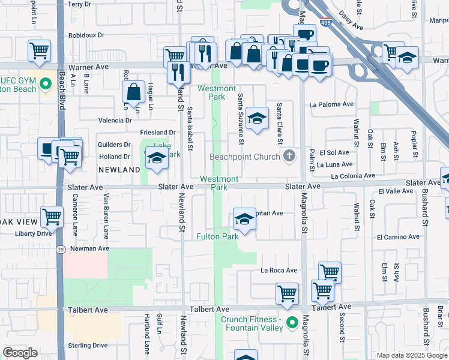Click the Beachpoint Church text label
245,157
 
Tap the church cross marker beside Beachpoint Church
289,157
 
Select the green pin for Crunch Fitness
292,323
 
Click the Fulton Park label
217,236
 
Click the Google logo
20,353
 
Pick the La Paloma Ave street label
331,104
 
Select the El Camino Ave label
398,237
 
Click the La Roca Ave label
279,270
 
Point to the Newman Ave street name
89,248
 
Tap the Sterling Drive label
88,345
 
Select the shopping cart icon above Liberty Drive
52,216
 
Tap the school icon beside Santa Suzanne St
257,119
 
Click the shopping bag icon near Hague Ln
133,92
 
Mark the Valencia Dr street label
115,120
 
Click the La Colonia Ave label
353,176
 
